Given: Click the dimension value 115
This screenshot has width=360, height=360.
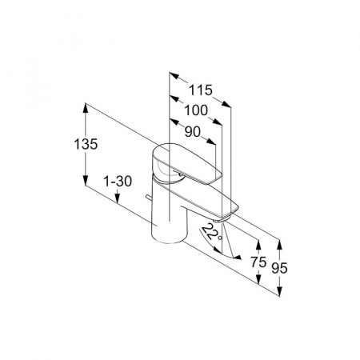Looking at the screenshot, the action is tap(201, 90).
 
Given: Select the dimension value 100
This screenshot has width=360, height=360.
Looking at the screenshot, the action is tap(196, 110).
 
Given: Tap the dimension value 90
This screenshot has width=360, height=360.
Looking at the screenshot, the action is tap(192, 131).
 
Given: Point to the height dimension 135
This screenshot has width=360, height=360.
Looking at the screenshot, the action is tap(86, 144).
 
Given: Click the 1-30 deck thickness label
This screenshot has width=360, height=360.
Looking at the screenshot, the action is tap(118, 182).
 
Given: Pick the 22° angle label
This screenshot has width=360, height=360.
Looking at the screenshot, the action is tap(212, 233).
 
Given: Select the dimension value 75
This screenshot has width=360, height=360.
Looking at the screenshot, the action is tap(258, 262).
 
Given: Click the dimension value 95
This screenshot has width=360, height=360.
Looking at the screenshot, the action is tap(279, 268).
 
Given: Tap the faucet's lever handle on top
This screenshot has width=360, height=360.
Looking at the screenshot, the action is tap(186, 163).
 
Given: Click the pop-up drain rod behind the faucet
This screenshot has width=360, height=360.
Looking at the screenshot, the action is tap(148, 198).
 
